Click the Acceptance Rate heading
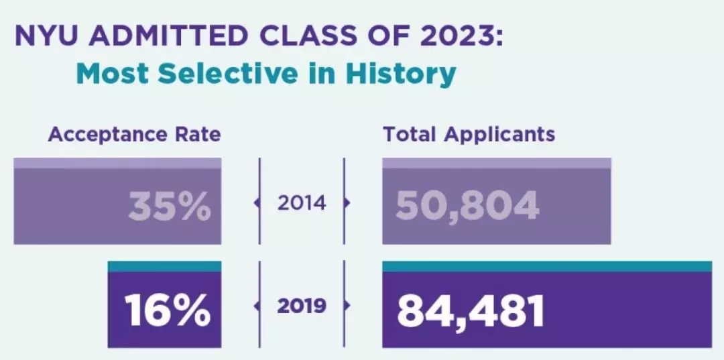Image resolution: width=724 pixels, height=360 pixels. coord(134,134)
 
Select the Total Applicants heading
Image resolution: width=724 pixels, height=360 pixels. coord(469,134)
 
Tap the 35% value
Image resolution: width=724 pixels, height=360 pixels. coord(169,206)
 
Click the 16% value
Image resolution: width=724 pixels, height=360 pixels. coord(168,310)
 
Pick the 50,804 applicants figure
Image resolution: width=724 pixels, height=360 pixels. coord(467,206)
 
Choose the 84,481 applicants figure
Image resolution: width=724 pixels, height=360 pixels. coord(470,310)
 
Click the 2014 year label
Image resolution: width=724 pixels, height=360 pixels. coord(302,202)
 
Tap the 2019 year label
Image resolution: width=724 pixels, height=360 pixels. coord(302,306)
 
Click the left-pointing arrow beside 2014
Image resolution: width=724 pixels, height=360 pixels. coord(256,202)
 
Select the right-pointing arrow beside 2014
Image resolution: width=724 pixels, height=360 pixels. coord(347,202)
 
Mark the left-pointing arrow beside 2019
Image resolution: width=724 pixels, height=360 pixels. coord(256,306)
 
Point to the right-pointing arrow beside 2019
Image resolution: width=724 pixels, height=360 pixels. coord(347,306)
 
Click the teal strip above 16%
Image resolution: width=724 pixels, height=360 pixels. coord(164,266)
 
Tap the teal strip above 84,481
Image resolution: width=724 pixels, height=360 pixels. coord(546,266)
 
